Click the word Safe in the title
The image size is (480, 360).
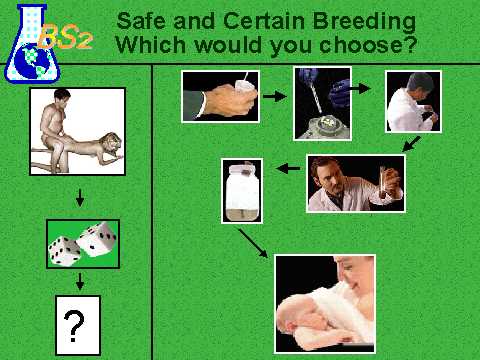tap(141, 21)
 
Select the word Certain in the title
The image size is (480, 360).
tap(264, 21)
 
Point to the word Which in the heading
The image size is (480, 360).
tap(151, 45)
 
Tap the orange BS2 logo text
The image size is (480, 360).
tap(65, 37)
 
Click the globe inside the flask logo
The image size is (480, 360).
tap(36, 62)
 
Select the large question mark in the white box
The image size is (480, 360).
tap(74, 326)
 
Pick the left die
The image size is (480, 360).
tap(64, 251)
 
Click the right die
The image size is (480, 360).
tap(97, 239)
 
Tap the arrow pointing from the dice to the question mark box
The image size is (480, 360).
tap(79, 282)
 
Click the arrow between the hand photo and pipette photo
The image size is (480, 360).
tap(274, 97)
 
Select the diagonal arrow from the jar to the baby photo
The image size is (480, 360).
tap(253, 243)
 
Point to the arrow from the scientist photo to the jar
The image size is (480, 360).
tap(288, 169)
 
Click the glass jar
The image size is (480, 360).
tap(242, 192)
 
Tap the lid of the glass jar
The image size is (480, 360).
tap(242, 167)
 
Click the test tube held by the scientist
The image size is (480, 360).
tap(383, 182)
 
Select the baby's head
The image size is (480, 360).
tap(297, 315)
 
